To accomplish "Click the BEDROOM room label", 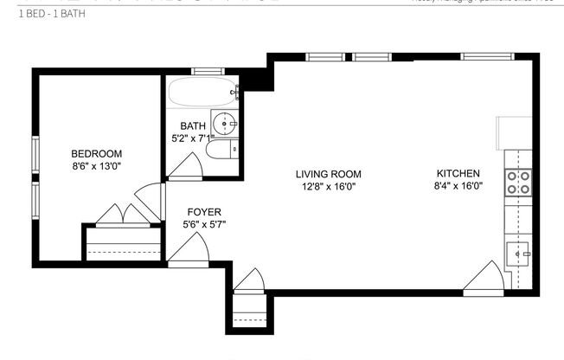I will pos(96,153).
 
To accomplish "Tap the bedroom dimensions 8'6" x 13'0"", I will pos(96,166).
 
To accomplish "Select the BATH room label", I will pos(193,125).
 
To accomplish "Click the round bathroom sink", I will pos(228,125).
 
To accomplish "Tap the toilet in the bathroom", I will pos(220,151).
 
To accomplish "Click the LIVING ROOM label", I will pos(328,173).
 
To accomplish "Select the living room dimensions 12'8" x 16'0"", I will pos(328,186).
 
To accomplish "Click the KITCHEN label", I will pos(458,172).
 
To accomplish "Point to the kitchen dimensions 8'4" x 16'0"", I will pos(458,185).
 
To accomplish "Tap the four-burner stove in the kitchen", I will pos(518,183).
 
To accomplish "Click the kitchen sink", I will pos(519,254).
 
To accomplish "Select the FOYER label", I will pos(205,212).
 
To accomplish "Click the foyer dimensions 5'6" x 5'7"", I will pos(205,225).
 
